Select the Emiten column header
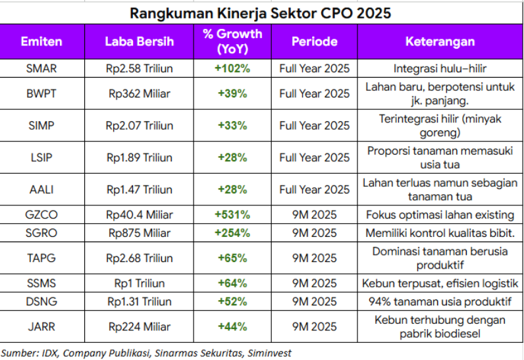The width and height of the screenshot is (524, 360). click(x=41, y=41)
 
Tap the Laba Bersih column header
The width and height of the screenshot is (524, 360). click(x=140, y=41)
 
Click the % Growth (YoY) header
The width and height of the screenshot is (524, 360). click(x=232, y=41)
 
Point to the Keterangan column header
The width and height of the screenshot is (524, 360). click(x=440, y=41)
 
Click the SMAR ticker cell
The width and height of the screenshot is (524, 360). click(x=41, y=68)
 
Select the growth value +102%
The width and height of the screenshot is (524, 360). click(x=232, y=68)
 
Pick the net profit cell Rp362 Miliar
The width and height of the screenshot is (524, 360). click(x=140, y=93)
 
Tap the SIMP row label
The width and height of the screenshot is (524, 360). click(x=41, y=126)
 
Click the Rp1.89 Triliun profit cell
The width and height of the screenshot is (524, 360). click(x=140, y=157)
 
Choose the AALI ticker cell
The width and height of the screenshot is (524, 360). click(x=41, y=190)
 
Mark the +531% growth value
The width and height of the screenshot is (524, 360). click(x=232, y=215)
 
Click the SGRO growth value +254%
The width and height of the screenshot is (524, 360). click(x=232, y=233)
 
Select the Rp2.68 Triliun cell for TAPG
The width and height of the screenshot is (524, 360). click(x=140, y=258)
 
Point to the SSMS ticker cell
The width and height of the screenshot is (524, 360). click(x=41, y=284)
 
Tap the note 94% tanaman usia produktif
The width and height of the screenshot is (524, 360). click(x=440, y=302)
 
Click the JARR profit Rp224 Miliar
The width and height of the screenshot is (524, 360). click(x=140, y=327)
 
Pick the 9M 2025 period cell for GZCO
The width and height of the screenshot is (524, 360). click(x=314, y=215)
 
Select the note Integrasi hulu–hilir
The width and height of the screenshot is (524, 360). click(x=440, y=68)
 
